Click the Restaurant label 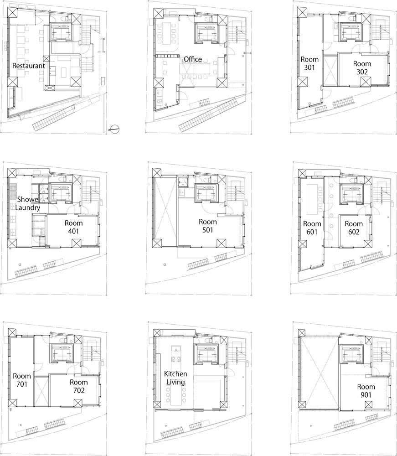pyautogui.click(x=29, y=66)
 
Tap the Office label pyautogui.click(x=192, y=59)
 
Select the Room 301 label pyautogui.click(x=309, y=63)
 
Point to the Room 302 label pyautogui.click(x=362, y=68)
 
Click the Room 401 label pyautogui.click(x=73, y=227)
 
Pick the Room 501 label pyautogui.click(x=208, y=226)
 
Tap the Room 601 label pyautogui.click(x=312, y=228)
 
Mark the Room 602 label pyautogui.click(x=353, y=228)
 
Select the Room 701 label pyautogui.click(x=22, y=380)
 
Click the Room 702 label pyautogui.click(x=78, y=386)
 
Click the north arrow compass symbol pyautogui.click(x=115, y=130)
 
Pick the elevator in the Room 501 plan pyautogui.click(x=208, y=192)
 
